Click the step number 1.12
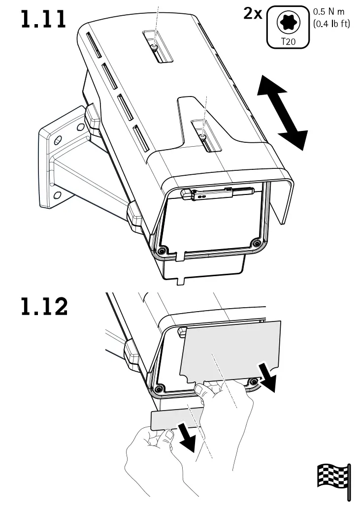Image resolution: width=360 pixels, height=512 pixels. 44,307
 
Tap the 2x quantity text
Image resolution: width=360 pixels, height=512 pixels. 253,13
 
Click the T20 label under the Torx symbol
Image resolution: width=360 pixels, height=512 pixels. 288,42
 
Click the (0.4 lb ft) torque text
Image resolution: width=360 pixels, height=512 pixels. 331,23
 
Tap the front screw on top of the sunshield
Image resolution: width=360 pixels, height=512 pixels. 203,131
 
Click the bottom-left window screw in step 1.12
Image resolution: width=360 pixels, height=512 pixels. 158,389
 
